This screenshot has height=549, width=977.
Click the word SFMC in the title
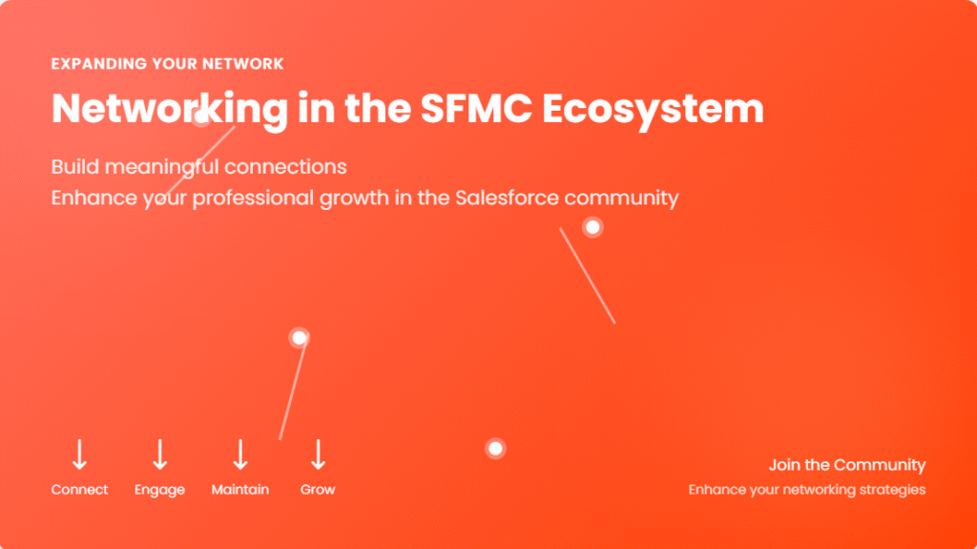pyautogui.click(x=476, y=109)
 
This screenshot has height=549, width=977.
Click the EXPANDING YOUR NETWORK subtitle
pyautogui.click(x=167, y=64)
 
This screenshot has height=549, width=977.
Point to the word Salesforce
pyautogui.click(x=507, y=198)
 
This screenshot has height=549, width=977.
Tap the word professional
pyautogui.click(x=252, y=199)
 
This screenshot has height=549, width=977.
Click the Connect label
pyautogui.click(x=79, y=490)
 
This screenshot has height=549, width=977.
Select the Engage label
pyautogui.click(x=159, y=491)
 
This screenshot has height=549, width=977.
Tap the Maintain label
pyautogui.click(x=239, y=490)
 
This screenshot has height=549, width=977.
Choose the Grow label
pyautogui.click(x=318, y=490)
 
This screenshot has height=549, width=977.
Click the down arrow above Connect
pyautogui.click(x=79, y=454)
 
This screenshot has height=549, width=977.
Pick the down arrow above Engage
pyautogui.click(x=160, y=454)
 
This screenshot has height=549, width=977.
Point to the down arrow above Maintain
pyautogui.click(x=240, y=454)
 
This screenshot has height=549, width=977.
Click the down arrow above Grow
pyautogui.click(x=319, y=454)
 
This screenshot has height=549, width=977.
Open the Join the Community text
pyautogui.click(x=847, y=465)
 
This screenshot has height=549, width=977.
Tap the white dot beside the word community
pyautogui.click(x=592, y=227)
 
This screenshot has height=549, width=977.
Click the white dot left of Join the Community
pyautogui.click(x=495, y=449)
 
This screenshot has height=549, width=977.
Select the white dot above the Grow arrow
pyautogui.click(x=299, y=337)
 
